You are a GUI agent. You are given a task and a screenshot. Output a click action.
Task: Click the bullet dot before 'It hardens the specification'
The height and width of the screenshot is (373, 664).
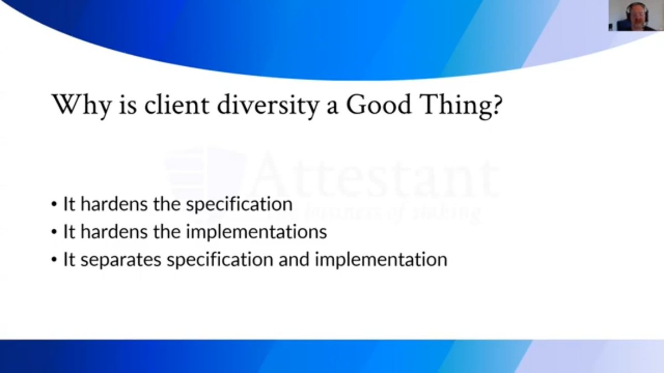click(54, 204)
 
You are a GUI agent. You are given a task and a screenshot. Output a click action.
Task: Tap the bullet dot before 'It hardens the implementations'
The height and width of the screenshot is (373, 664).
click(54, 232)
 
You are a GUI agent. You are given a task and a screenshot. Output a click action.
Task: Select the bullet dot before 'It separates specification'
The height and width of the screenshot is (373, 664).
click(54, 260)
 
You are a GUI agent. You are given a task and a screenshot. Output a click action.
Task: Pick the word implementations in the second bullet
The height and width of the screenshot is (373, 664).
click(256, 232)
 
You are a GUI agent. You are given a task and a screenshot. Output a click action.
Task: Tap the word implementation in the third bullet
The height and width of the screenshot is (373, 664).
click(381, 260)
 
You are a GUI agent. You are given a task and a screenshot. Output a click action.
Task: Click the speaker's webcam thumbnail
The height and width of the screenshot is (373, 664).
click(634, 15)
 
